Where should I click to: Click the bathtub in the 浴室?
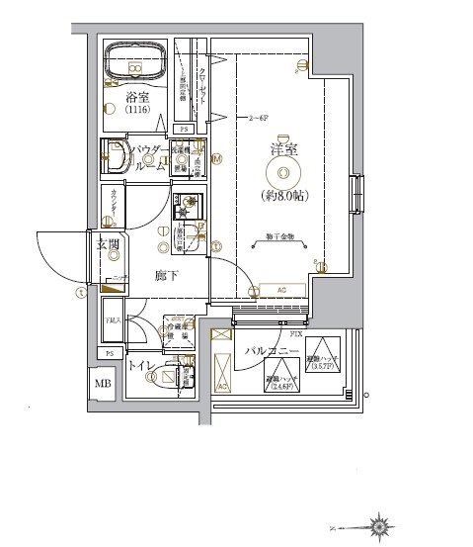(136, 60)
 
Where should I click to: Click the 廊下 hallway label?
(166, 275)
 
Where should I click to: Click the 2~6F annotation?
(259, 117)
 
